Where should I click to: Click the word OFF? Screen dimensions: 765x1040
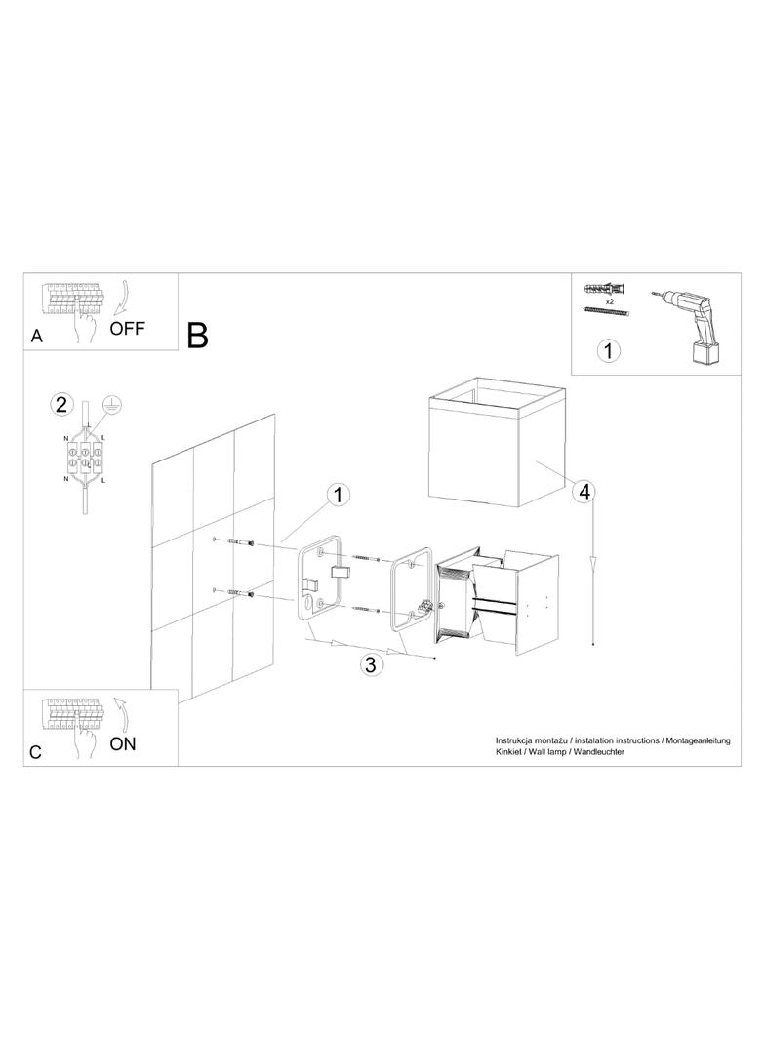(127, 328)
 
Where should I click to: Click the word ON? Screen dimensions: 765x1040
(123, 744)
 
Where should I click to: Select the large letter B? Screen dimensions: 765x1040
(198, 336)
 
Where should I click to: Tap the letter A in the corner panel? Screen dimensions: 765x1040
(36, 337)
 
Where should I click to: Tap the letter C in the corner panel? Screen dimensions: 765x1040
(36, 753)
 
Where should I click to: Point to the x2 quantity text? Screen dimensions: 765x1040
(609, 301)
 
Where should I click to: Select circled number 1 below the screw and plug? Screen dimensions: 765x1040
(609, 349)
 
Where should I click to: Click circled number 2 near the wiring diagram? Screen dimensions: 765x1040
(61, 404)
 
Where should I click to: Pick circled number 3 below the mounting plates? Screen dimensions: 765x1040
(370, 664)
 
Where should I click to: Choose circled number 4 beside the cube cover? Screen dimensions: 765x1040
(584, 492)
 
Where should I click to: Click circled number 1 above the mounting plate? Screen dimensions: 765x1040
(339, 495)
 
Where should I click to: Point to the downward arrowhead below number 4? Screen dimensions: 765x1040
(592, 563)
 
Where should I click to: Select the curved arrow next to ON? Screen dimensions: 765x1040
(122, 714)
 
